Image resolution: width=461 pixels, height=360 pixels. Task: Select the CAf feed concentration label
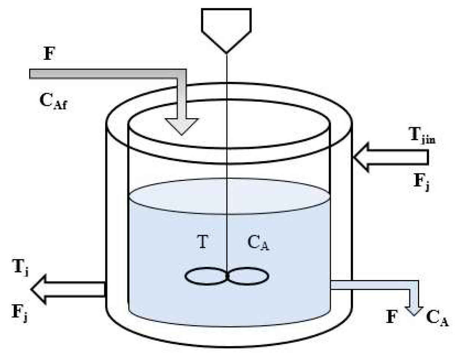53,101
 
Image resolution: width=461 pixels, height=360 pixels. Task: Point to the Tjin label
422,135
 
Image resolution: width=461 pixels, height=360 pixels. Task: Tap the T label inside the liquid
202,242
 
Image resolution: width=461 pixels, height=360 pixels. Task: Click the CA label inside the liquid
258,243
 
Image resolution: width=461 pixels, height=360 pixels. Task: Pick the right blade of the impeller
249,277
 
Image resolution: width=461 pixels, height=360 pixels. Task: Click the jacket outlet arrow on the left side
67,289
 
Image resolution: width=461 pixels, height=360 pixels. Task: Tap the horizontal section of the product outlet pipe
370,285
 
